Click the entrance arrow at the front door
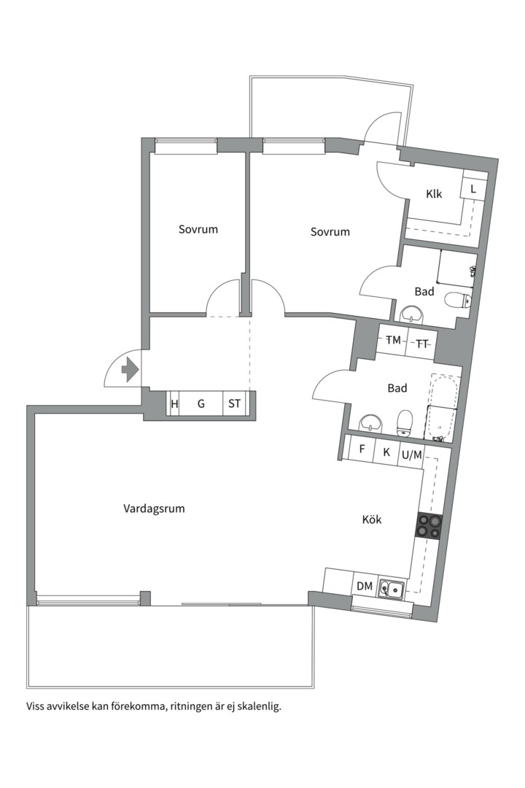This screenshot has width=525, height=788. [130, 370]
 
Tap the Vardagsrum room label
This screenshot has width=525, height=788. [155, 509]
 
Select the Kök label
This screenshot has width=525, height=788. [372, 519]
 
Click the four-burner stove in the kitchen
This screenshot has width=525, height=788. [429, 527]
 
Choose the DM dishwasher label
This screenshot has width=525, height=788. [365, 586]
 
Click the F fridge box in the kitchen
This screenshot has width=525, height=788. [362, 449]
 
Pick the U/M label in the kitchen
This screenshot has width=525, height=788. [412, 455]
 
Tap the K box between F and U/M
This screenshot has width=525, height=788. [387, 451]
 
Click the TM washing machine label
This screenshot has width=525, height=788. [393, 340]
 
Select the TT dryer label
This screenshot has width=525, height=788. [422, 344]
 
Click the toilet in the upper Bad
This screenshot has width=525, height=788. [459, 301]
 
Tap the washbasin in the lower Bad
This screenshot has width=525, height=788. [370, 423]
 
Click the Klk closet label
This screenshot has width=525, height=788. [434, 193]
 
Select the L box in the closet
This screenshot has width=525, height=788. [473, 189]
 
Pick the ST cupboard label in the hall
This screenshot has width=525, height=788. [234, 403]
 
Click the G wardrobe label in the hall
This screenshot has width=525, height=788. [201, 403]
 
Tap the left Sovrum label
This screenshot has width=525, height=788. [198, 229]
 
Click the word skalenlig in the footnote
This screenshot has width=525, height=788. [260, 706]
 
